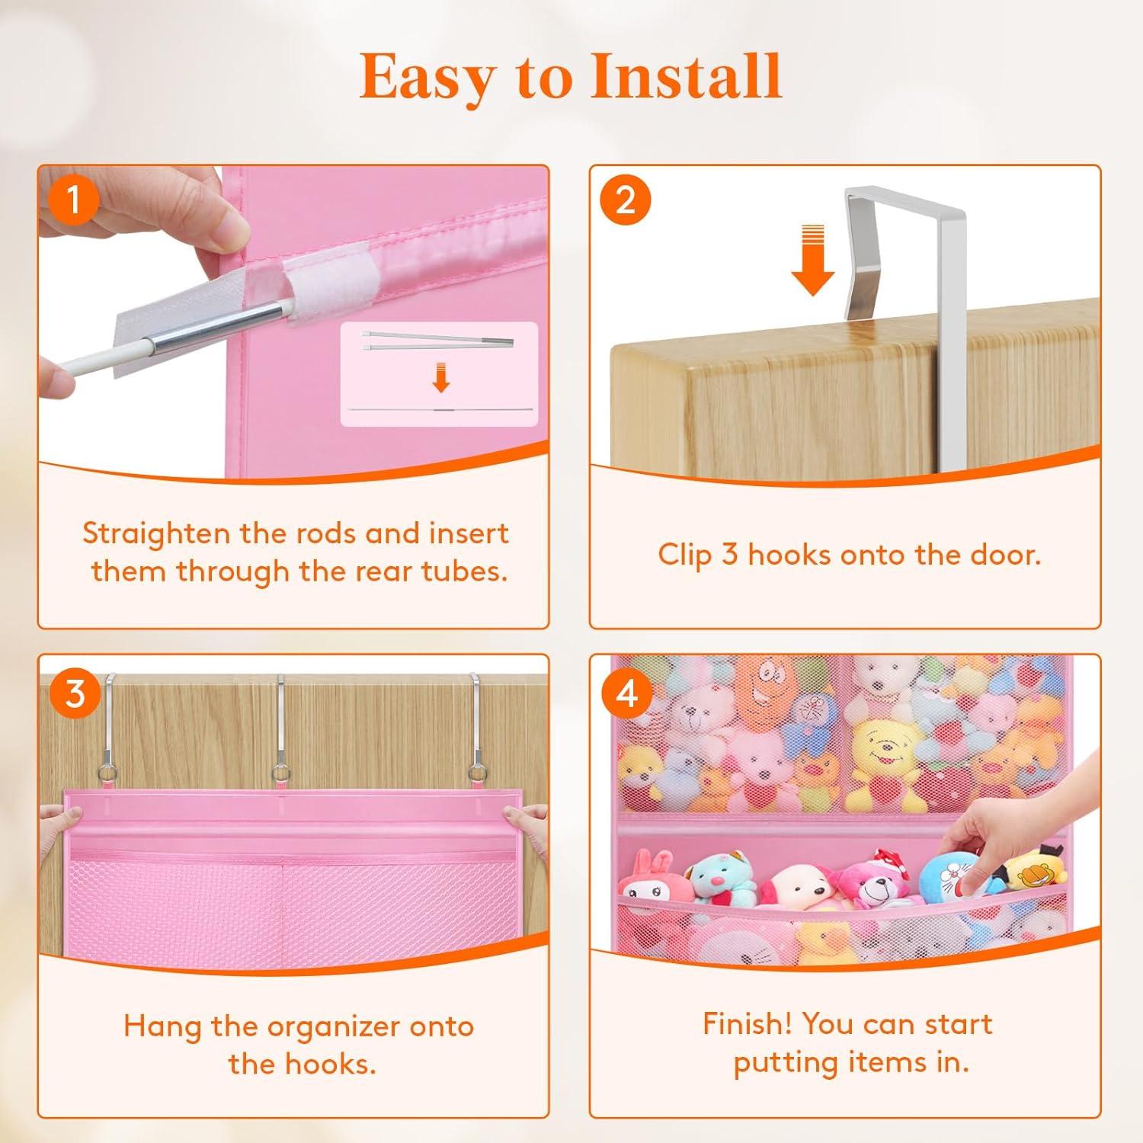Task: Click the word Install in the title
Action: [x=687, y=76]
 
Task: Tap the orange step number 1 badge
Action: [x=74, y=201]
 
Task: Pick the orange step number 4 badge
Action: [x=626, y=693]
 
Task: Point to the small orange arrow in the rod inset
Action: [x=440, y=376]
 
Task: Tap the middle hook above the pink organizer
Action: [x=280, y=732]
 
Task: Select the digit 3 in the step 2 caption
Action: [x=730, y=555]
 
